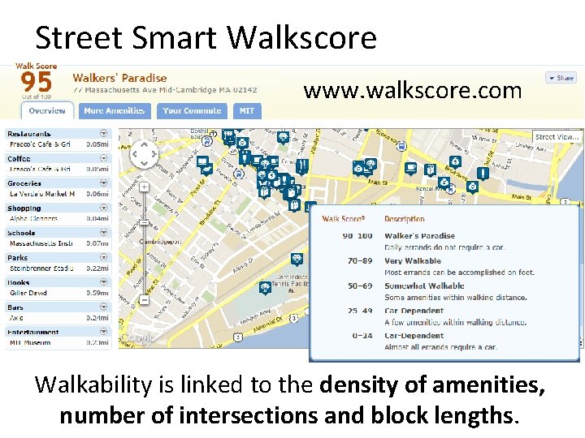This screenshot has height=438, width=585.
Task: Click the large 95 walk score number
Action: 36,82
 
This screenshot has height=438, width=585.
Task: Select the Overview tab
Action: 46,111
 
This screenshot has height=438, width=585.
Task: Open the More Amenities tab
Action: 114,111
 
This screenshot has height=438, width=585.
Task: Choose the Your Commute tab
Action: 192,111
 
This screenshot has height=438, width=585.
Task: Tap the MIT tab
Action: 246,111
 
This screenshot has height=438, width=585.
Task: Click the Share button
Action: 561,78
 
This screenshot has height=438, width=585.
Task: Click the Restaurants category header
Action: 29,134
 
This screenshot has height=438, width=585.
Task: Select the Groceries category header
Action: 24,183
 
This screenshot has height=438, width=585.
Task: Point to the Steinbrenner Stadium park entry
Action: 41,268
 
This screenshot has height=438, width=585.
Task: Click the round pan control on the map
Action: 144,153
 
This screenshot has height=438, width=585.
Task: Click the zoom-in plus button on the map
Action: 144,187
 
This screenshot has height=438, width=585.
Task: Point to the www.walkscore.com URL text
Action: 413,91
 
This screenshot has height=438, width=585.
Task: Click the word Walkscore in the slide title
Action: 301,38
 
